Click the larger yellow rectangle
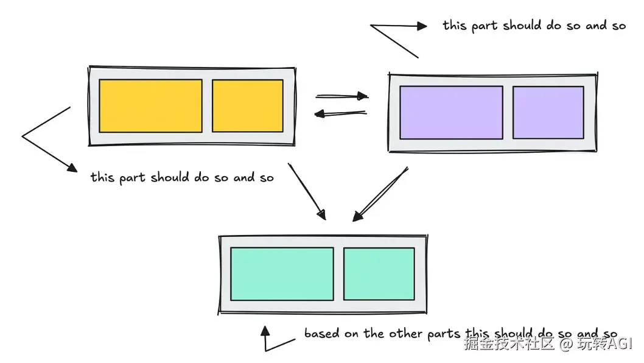[x=150, y=106]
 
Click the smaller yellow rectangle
[x=247, y=106]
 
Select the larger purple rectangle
[x=451, y=113]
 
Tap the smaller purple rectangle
[x=548, y=113]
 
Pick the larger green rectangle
[x=282, y=273]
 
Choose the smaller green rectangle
[x=379, y=273]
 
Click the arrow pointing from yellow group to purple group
[x=341, y=96]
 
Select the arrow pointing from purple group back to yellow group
[x=340, y=113]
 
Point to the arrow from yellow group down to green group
[x=307, y=191]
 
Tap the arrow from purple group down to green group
[x=380, y=194]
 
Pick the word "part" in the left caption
[x=132, y=178]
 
